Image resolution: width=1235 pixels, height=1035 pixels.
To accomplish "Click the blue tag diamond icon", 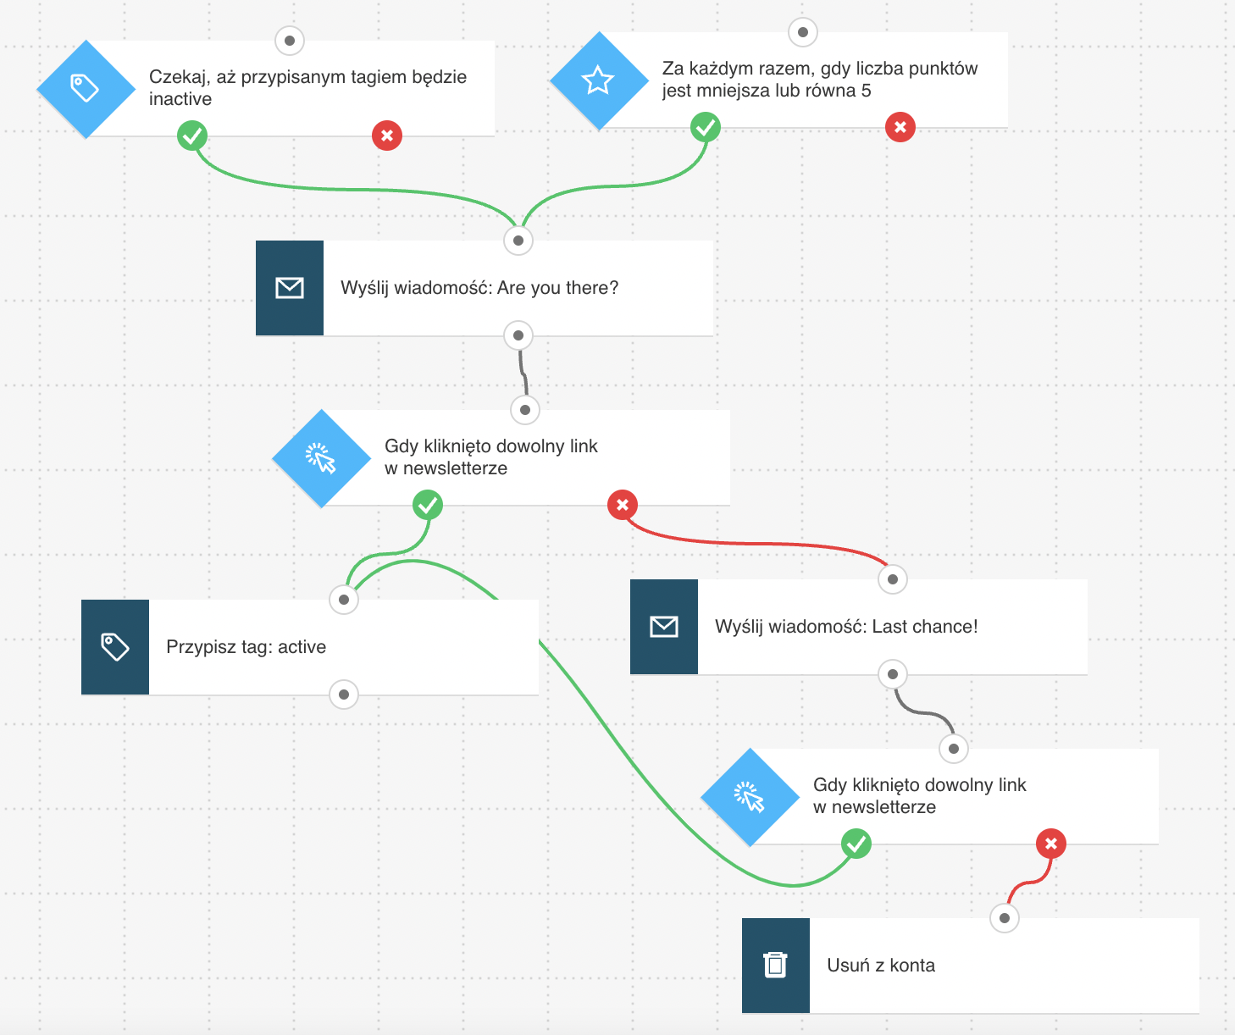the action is click(86, 89).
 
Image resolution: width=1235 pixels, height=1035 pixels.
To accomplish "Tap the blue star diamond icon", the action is click(599, 80).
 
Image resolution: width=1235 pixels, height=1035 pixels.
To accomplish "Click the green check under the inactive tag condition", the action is click(192, 136).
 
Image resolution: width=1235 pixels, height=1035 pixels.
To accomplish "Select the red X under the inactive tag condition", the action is click(387, 136).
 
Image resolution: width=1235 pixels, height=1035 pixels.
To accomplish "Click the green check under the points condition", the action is click(706, 127).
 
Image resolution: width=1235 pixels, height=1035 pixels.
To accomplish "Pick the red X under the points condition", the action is click(900, 127).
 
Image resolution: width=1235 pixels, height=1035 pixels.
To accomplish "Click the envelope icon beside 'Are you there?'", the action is click(290, 288).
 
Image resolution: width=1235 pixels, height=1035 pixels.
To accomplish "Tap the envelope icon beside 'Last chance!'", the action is click(663, 627).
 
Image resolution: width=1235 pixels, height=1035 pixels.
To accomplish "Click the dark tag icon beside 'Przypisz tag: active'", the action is click(114, 647).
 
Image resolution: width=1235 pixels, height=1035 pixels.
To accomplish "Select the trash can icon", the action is click(775, 966).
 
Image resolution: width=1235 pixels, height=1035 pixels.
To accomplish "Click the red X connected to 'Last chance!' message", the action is click(623, 505).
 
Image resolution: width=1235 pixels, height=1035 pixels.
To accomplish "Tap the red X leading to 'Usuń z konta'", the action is click(1051, 844).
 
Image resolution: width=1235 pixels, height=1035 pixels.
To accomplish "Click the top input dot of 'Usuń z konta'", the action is click(1005, 918).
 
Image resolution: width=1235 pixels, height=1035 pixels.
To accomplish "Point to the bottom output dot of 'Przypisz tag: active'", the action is click(344, 695).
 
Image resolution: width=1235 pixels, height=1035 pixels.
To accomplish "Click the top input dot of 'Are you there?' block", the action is click(518, 241).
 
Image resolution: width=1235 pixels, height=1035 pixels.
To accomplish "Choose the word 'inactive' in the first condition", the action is click(180, 99).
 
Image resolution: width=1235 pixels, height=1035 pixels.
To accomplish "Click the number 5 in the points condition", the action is click(866, 91).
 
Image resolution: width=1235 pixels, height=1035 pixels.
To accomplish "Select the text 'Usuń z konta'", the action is click(881, 966).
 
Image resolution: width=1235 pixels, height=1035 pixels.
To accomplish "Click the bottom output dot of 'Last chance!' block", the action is click(893, 674).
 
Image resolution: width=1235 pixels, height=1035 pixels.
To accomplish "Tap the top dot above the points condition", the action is click(803, 32).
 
